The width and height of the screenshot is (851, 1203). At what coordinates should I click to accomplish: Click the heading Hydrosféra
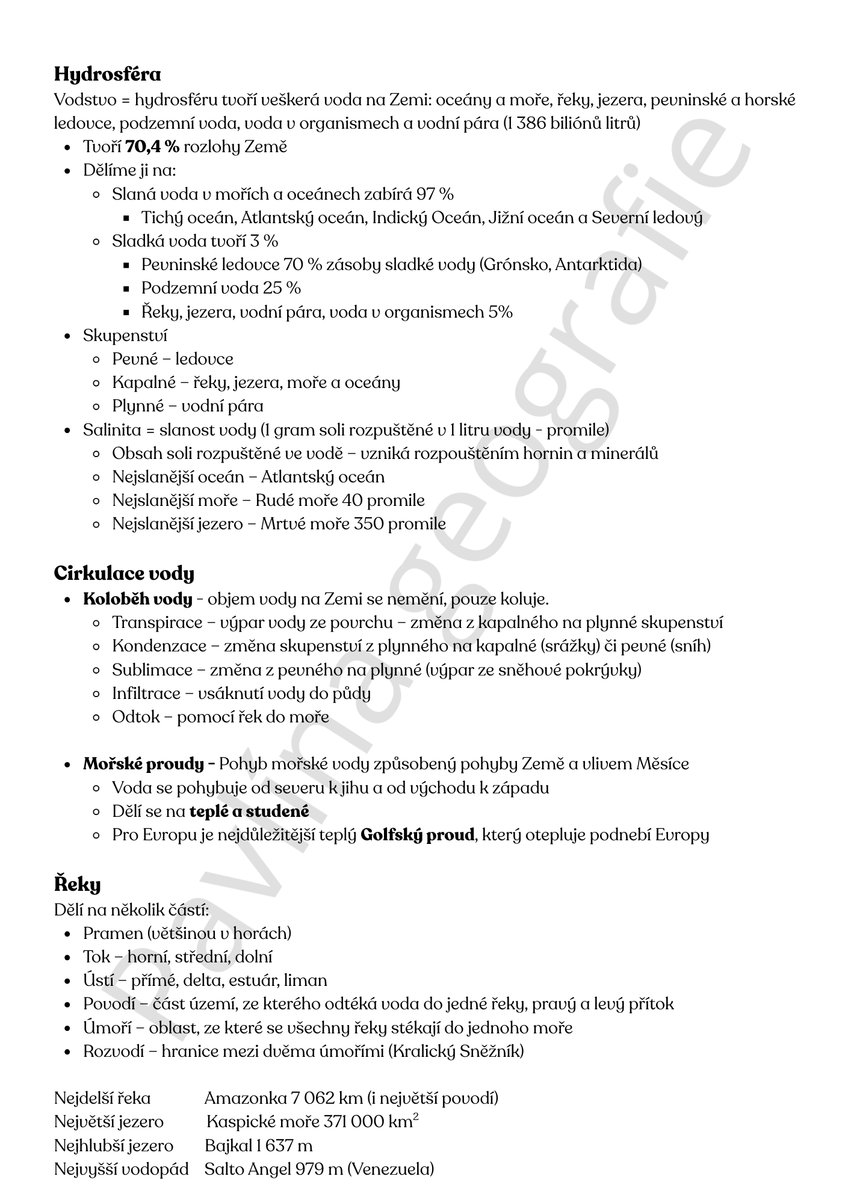click(x=107, y=75)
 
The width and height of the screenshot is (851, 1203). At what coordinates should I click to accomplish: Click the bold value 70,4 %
click(x=152, y=147)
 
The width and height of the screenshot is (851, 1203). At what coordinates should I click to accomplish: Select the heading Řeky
click(x=77, y=884)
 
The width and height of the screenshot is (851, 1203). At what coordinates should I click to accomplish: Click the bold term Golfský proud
click(x=417, y=835)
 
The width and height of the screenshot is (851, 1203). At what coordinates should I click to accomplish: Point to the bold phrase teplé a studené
click(x=249, y=811)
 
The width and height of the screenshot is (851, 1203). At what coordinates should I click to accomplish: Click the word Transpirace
click(x=157, y=623)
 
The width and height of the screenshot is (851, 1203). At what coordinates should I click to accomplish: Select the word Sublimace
click(x=152, y=670)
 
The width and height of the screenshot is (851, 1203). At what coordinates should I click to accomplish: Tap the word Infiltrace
click(x=146, y=694)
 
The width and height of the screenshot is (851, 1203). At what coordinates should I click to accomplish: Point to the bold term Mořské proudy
click(x=143, y=765)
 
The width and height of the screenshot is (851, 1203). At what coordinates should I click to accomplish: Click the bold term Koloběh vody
click(x=138, y=599)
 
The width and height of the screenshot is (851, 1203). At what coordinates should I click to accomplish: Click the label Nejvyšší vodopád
click(x=121, y=1169)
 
